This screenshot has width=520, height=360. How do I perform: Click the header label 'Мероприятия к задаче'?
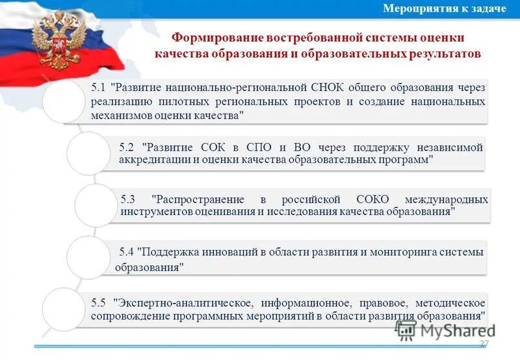tap(445, 8)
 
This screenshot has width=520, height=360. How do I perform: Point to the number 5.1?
tap(99, 86)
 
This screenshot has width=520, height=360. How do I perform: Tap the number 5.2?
tap(128, 147)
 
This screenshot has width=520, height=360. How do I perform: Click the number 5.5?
tap(99, 303)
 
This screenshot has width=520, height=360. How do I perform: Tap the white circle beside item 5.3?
tap(96, 205)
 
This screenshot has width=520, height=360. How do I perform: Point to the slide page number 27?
tap(484, 343)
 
